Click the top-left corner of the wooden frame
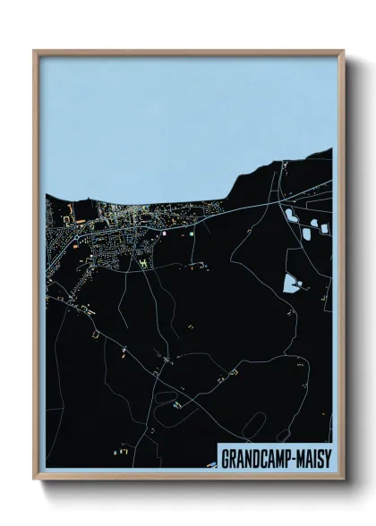[34, 51]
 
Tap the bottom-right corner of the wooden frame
[343, 481]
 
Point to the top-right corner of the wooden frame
[343, 51]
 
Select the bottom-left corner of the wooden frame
[34, 481]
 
